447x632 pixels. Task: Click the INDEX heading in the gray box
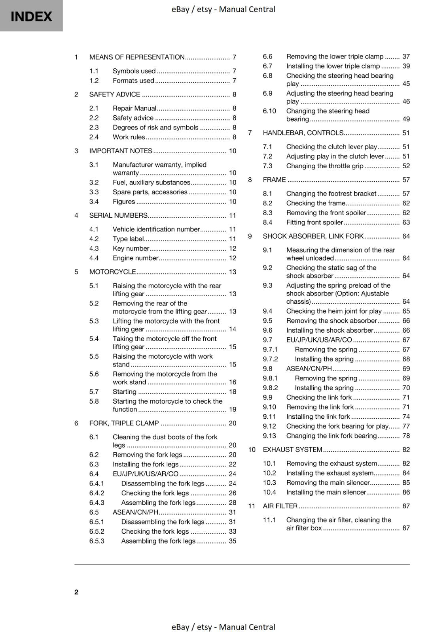point(31,17)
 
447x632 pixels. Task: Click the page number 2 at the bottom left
point(76,592)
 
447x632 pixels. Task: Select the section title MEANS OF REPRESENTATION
point(137,57)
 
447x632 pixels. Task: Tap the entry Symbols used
point(134,71)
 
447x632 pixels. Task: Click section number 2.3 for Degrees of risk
point(94,128)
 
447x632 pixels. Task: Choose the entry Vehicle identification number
point(156,229)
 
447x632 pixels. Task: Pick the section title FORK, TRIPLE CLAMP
point(124,423)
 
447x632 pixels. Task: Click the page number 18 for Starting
point(233,392)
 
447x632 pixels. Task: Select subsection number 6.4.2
point(97,493)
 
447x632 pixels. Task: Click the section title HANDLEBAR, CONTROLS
point(303,133)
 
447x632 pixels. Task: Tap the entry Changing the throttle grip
point(324,166)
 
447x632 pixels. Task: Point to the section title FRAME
point(274,180)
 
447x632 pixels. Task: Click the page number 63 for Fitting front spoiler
point(406,222)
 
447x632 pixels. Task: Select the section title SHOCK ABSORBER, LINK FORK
point(313,236)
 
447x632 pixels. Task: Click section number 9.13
point(269,436)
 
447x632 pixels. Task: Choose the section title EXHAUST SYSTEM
point(292,450)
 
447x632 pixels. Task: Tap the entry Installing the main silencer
point(326,492)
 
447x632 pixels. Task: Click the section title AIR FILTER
point(280,506)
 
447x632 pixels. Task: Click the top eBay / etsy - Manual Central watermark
point(223,9)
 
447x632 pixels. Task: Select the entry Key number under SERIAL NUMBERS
point(131,248)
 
